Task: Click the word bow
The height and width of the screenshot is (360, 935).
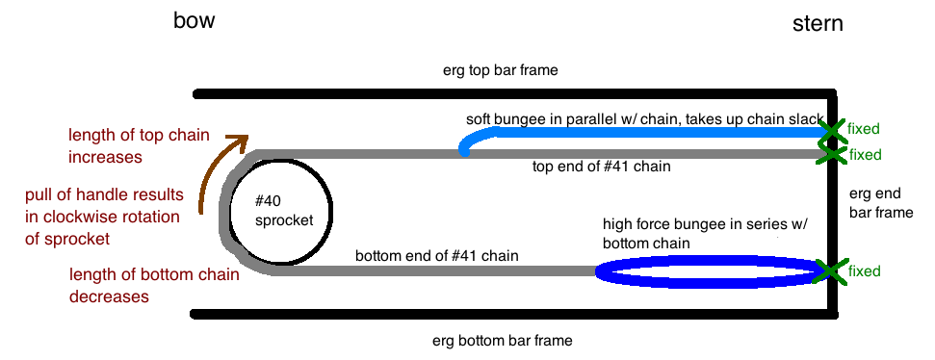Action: [194, 21]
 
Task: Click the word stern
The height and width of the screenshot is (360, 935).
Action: [818, 24]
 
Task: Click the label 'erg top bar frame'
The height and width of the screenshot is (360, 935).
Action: [500, 70]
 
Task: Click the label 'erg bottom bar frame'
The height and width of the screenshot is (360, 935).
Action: [502, 341]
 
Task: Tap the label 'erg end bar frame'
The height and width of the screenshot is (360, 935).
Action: [881, 203]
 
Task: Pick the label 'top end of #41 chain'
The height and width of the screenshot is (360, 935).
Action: [601, 167]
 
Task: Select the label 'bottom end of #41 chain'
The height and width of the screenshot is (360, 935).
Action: [436, 256]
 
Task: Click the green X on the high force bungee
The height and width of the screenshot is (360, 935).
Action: [828, 270]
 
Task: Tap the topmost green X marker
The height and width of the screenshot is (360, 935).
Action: [831, 131]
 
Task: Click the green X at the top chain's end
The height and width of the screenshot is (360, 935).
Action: [831, 154]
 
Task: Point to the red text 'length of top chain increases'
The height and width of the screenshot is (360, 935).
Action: [139, 146]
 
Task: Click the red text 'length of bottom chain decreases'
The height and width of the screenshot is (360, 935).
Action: [154, 286]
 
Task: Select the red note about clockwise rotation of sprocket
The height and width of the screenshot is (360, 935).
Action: [104, 217]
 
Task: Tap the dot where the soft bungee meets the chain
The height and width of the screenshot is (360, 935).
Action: [464, 153]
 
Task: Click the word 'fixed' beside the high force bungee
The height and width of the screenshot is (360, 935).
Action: [864, 271]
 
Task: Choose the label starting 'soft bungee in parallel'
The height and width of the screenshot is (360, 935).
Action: [645, 119]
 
